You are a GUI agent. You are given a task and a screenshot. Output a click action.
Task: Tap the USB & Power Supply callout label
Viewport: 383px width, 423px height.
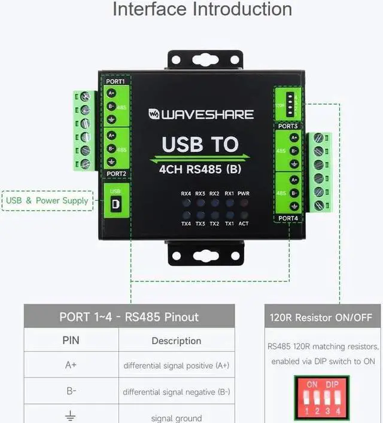pos(47,201)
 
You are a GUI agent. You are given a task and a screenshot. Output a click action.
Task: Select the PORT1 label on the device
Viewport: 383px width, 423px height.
pos(115,81)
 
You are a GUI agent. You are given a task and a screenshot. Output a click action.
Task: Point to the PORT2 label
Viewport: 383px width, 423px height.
pos(115,174)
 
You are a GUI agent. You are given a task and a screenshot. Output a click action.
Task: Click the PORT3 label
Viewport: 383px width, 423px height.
pos(288,126)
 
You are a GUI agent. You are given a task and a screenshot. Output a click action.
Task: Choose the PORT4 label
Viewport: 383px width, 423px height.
pos(288,219)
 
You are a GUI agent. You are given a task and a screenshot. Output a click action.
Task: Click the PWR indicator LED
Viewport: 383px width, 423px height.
pos(244,203)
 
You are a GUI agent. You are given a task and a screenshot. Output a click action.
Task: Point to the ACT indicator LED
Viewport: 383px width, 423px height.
pos(244,214)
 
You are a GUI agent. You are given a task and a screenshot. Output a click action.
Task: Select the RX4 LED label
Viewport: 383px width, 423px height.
pos(186,194)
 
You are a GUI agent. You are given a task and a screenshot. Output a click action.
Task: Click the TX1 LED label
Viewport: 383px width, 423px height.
pos(229,224)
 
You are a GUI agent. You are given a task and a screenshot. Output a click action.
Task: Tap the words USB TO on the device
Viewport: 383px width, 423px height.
pos(200,145)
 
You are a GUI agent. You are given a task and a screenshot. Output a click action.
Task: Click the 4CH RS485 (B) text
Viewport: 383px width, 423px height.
pos(200,168)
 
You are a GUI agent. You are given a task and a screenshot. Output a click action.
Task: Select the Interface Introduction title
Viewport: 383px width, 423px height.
pos(202,10)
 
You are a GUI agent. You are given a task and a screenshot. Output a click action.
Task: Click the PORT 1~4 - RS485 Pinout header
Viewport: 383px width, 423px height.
pos(129,317)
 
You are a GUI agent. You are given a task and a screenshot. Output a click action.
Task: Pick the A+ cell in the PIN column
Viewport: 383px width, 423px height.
pos(71,365)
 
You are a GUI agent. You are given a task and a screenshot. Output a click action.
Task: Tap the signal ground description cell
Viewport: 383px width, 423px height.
pos(177,418)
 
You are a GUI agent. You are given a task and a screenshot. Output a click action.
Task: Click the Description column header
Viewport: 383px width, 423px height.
pos(177,341)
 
